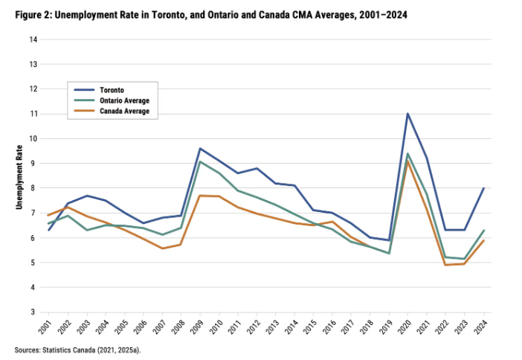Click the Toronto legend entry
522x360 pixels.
[x=110, y=90]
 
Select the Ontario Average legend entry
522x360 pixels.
[x=123, y=100]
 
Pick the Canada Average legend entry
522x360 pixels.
[x=123, y=111]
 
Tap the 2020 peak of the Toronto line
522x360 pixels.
[x=408, y=114]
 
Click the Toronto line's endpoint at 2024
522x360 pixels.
[x=483, y=188]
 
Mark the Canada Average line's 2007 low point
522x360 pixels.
[x=162, y=248]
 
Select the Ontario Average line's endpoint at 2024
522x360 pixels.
[x=483, y=231]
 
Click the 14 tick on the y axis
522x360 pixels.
[x=33, y=39]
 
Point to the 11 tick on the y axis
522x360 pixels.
[x=33, y=114]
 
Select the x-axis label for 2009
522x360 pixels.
[x=200, y=327]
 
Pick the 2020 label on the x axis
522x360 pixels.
[x=408, y=327]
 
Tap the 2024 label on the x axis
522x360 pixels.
[x=483, y=327]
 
